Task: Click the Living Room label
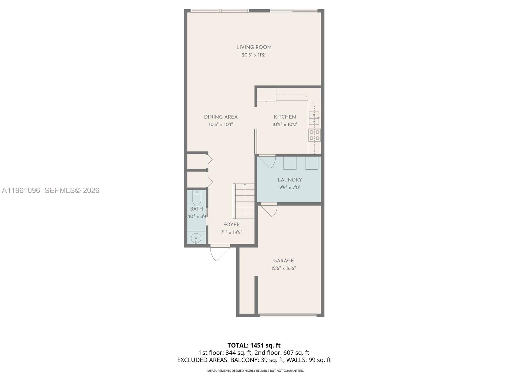254,47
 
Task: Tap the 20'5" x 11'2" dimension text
254,55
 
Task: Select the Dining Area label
221,117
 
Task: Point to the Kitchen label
285,117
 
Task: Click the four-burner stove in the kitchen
314,135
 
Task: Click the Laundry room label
290,180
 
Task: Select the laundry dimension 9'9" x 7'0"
290,187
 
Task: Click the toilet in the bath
197,198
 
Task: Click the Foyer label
231,224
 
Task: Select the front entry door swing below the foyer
219,253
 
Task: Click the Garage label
284,261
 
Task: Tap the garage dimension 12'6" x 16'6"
284,268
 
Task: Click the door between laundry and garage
269,210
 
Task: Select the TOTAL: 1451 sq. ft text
254,345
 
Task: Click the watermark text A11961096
21,190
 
